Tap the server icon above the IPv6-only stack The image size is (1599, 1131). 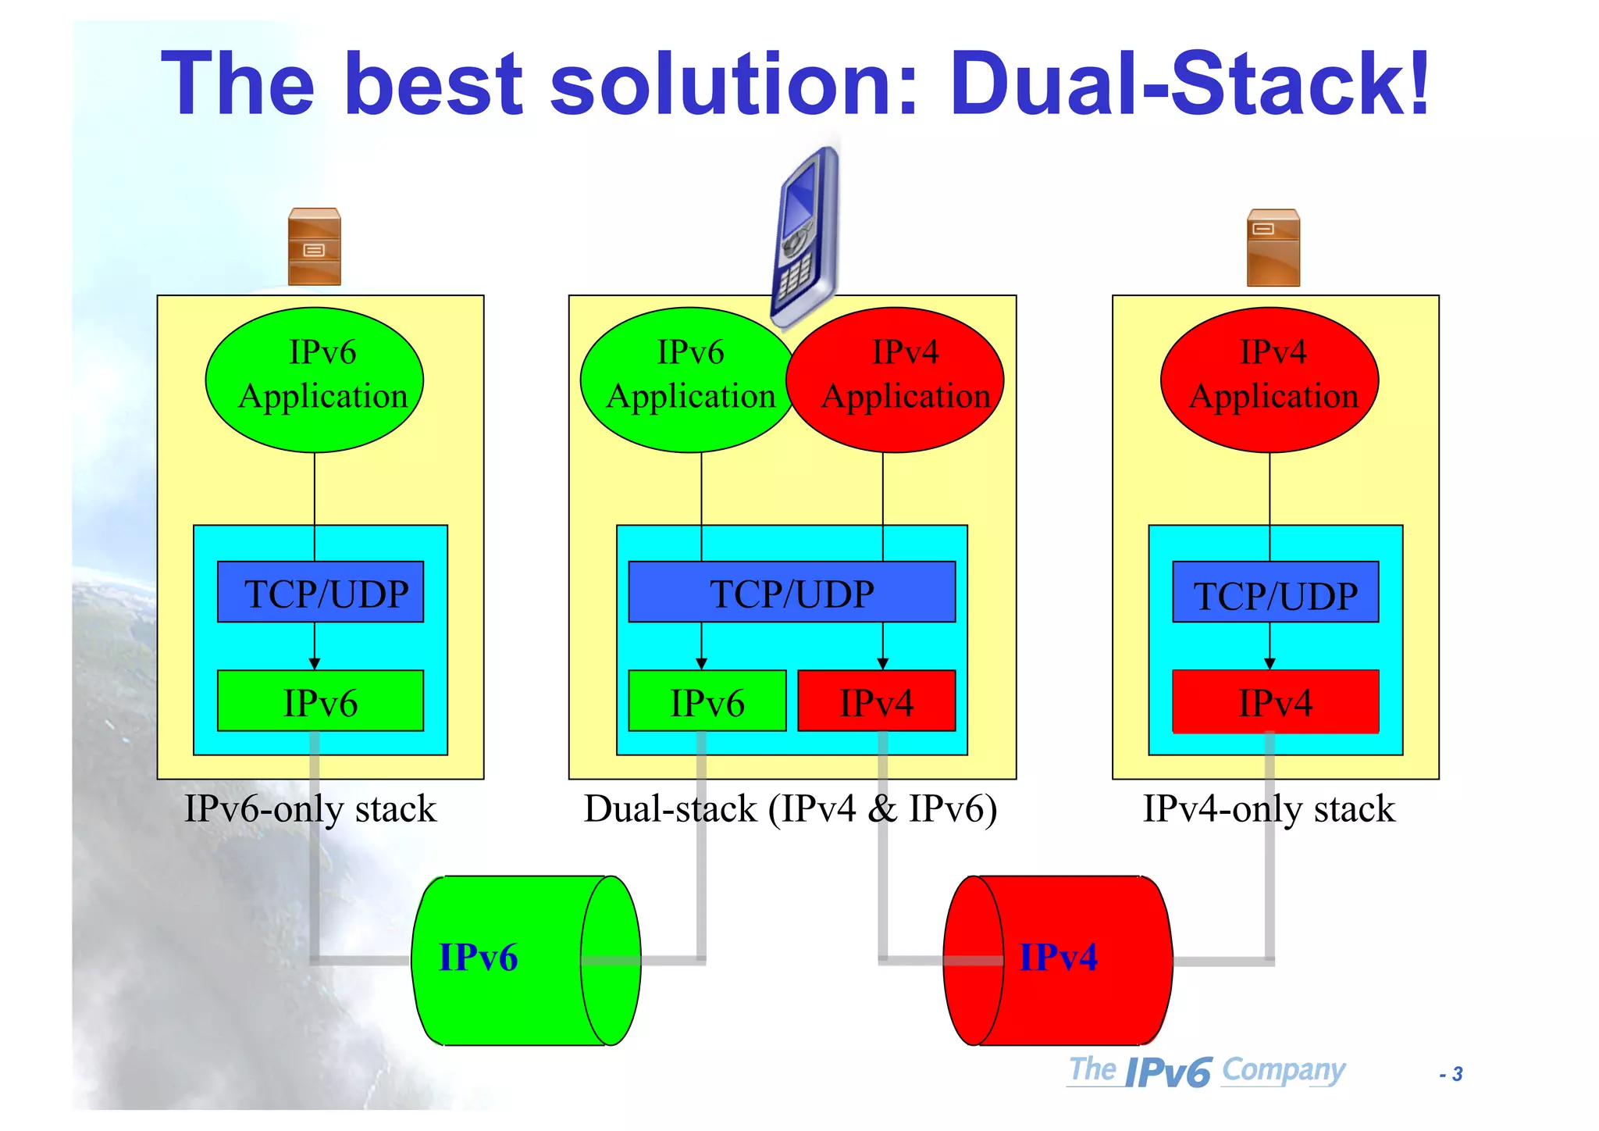point(314,247)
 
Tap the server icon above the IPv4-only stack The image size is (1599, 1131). point(1273,248)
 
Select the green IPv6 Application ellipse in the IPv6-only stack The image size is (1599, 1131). point(315,380)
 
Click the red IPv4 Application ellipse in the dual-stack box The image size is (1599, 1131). point(898,380)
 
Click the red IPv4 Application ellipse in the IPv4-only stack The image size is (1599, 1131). point(1270,380)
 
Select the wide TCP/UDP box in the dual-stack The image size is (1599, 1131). point(792,592)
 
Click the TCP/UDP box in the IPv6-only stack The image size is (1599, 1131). point(320,592)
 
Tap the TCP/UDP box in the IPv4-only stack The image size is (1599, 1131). point(1275,592)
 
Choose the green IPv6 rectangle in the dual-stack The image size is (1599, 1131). point(707,701)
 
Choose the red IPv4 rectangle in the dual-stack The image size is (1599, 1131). point(876,701)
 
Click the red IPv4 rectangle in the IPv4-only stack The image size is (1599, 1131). point(1275,701)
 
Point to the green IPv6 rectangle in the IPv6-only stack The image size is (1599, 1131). point(320,701)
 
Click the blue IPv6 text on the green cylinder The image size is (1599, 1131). point(478,958)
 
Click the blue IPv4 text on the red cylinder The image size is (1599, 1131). point(1058,958)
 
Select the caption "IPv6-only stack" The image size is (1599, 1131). point(310,809)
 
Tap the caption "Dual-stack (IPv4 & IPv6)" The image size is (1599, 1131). point(790,809)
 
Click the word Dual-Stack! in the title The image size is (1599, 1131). point(1190,84)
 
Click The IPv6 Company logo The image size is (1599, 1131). point(1207,1071)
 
